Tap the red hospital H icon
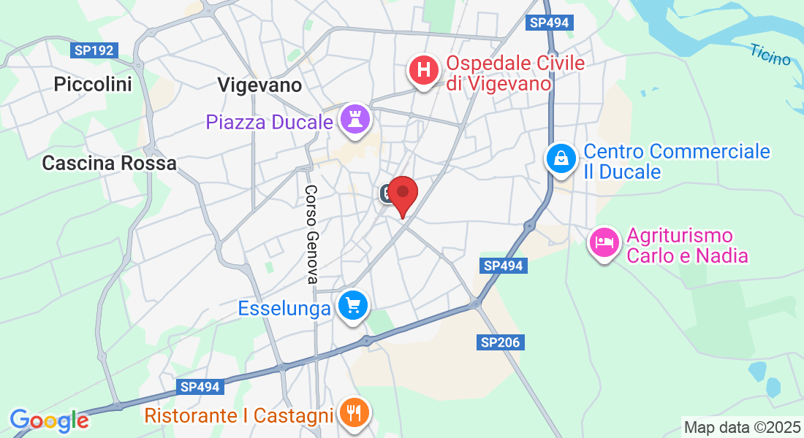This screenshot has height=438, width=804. (x=423, y=72)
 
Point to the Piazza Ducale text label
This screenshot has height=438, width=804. (x=269, y=122)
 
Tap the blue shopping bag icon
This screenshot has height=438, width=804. (x=561, y=158)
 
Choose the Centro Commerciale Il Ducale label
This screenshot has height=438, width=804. (x=676, y=161)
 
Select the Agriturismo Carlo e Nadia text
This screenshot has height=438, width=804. (x=687, y=246)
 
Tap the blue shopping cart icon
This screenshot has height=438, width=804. (x=354, y=306)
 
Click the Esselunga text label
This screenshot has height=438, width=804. (x=284, y=309)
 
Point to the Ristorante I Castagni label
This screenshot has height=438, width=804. (x=239, y=416)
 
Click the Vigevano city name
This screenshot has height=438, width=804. (x=259, y=85)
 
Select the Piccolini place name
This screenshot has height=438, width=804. (x=93, y=85)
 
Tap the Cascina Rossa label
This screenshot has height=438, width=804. (x=109, y=163)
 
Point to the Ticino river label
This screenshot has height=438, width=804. (x=770, y=54)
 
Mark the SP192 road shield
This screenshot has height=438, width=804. (x=94, y=50)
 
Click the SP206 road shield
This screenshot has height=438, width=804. (x=502, y=342)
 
